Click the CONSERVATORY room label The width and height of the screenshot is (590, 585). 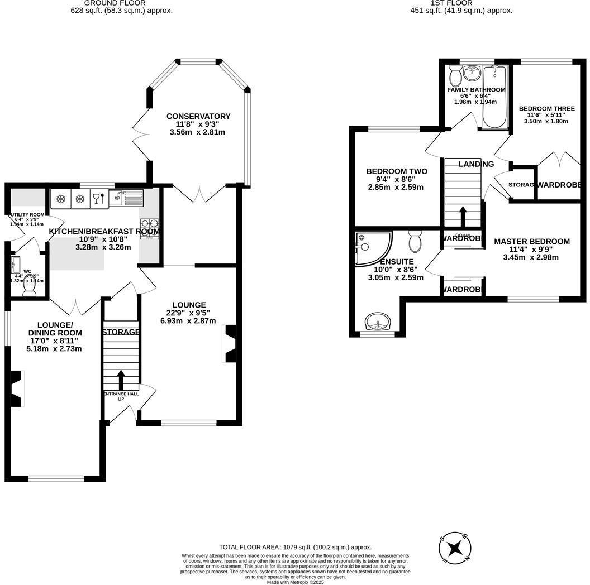point(198,116)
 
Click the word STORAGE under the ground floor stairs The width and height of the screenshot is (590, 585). point(121,332)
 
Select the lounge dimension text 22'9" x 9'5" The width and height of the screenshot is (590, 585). point(189,313)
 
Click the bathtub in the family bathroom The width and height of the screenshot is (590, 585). point(495,98)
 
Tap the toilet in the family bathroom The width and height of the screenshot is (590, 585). point(455,75)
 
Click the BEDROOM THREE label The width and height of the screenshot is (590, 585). point(543,109)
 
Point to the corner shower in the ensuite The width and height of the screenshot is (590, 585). point(370,248)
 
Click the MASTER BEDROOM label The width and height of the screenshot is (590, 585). point(531,242)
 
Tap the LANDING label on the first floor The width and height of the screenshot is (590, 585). point(476,164)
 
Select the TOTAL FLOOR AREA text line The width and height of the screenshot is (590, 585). point(295,548)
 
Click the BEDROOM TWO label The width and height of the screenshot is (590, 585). point(396,171)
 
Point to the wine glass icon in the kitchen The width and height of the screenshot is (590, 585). point(97,198)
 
